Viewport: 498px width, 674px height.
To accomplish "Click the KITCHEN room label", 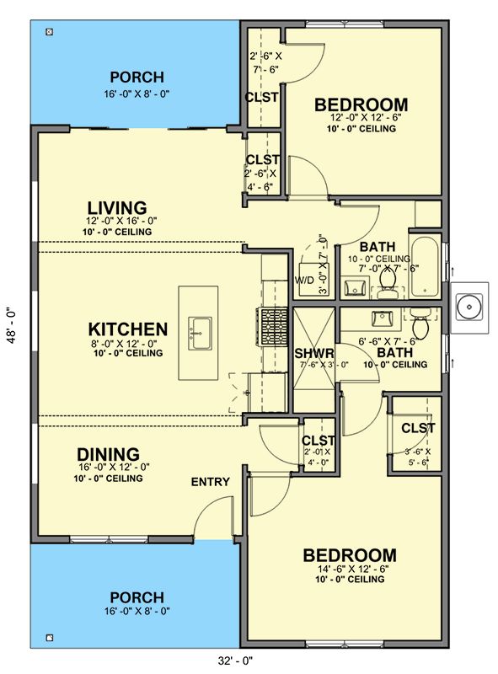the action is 128,329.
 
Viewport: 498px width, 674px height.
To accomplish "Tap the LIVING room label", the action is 117,208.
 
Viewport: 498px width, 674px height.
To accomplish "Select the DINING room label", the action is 109,454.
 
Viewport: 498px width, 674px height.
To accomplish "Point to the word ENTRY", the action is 211,482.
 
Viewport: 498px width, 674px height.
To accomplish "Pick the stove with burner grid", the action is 273,327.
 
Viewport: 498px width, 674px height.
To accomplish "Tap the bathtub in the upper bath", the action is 424,267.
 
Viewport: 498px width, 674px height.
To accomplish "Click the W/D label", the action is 304,281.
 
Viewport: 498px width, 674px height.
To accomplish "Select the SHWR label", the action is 314,354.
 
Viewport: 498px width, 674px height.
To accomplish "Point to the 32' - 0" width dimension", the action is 235,661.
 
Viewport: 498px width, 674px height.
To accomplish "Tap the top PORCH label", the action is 137,78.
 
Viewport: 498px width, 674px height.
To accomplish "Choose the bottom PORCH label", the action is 137,597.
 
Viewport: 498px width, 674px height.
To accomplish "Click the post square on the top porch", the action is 50,31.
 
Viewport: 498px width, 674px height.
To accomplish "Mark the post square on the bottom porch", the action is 50,638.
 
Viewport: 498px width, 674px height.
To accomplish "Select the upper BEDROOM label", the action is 361,104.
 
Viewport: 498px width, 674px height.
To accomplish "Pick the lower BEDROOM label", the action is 350,555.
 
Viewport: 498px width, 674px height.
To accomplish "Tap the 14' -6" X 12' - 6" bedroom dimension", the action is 353,568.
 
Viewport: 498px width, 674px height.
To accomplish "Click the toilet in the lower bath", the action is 420,324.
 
